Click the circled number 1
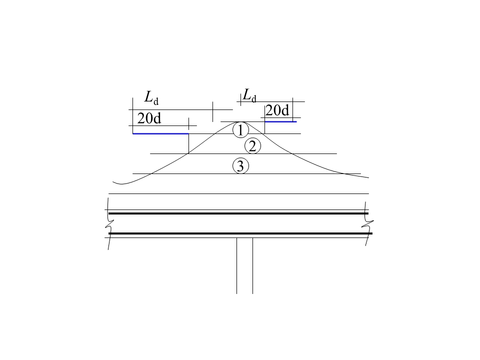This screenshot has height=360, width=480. click(x=240, y=130)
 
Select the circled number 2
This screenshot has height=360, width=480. click(x=252, y=146)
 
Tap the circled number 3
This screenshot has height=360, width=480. click(x=240, y=165)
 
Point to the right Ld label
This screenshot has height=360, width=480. click(x=249, y=94)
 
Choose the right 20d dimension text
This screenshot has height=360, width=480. click(x=277, y=110)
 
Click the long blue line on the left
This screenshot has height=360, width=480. click(x=160, y=133)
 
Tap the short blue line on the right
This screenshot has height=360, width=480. click(x=280, y=121)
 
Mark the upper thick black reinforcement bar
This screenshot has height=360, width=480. click(x=238, y=213)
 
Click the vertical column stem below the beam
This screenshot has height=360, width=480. click(x=244, y=265)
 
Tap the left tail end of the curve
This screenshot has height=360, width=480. click(x=114, y=182)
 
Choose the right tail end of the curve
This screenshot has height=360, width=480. click(x=367, y=177)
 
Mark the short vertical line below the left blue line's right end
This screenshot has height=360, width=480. click(x=188, y=143)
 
